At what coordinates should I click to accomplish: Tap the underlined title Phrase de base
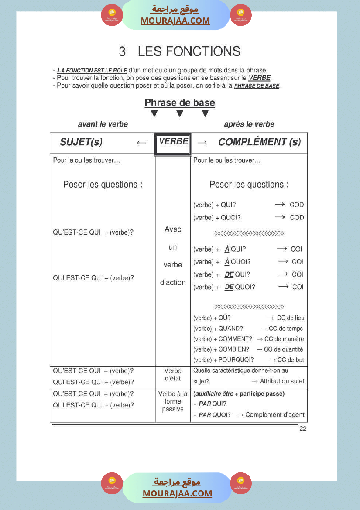180,103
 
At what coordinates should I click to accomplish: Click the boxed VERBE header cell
173,142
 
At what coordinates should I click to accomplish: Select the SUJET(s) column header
81,142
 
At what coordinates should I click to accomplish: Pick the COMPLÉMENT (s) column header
260,142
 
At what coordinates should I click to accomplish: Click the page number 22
303,429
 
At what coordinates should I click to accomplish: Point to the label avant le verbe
103,124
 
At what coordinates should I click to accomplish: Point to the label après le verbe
249,124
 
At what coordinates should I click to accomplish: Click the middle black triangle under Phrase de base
179,114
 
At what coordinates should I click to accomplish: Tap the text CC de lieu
291,318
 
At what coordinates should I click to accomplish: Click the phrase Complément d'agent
275,415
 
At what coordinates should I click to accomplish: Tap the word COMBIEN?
234,349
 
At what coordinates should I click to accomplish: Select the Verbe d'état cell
173,375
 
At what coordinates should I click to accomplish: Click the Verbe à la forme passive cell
173,401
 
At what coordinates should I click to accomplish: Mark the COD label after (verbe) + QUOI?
297,217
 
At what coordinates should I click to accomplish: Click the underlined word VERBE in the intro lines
260,78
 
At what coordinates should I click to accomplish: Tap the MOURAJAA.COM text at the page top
175,21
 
